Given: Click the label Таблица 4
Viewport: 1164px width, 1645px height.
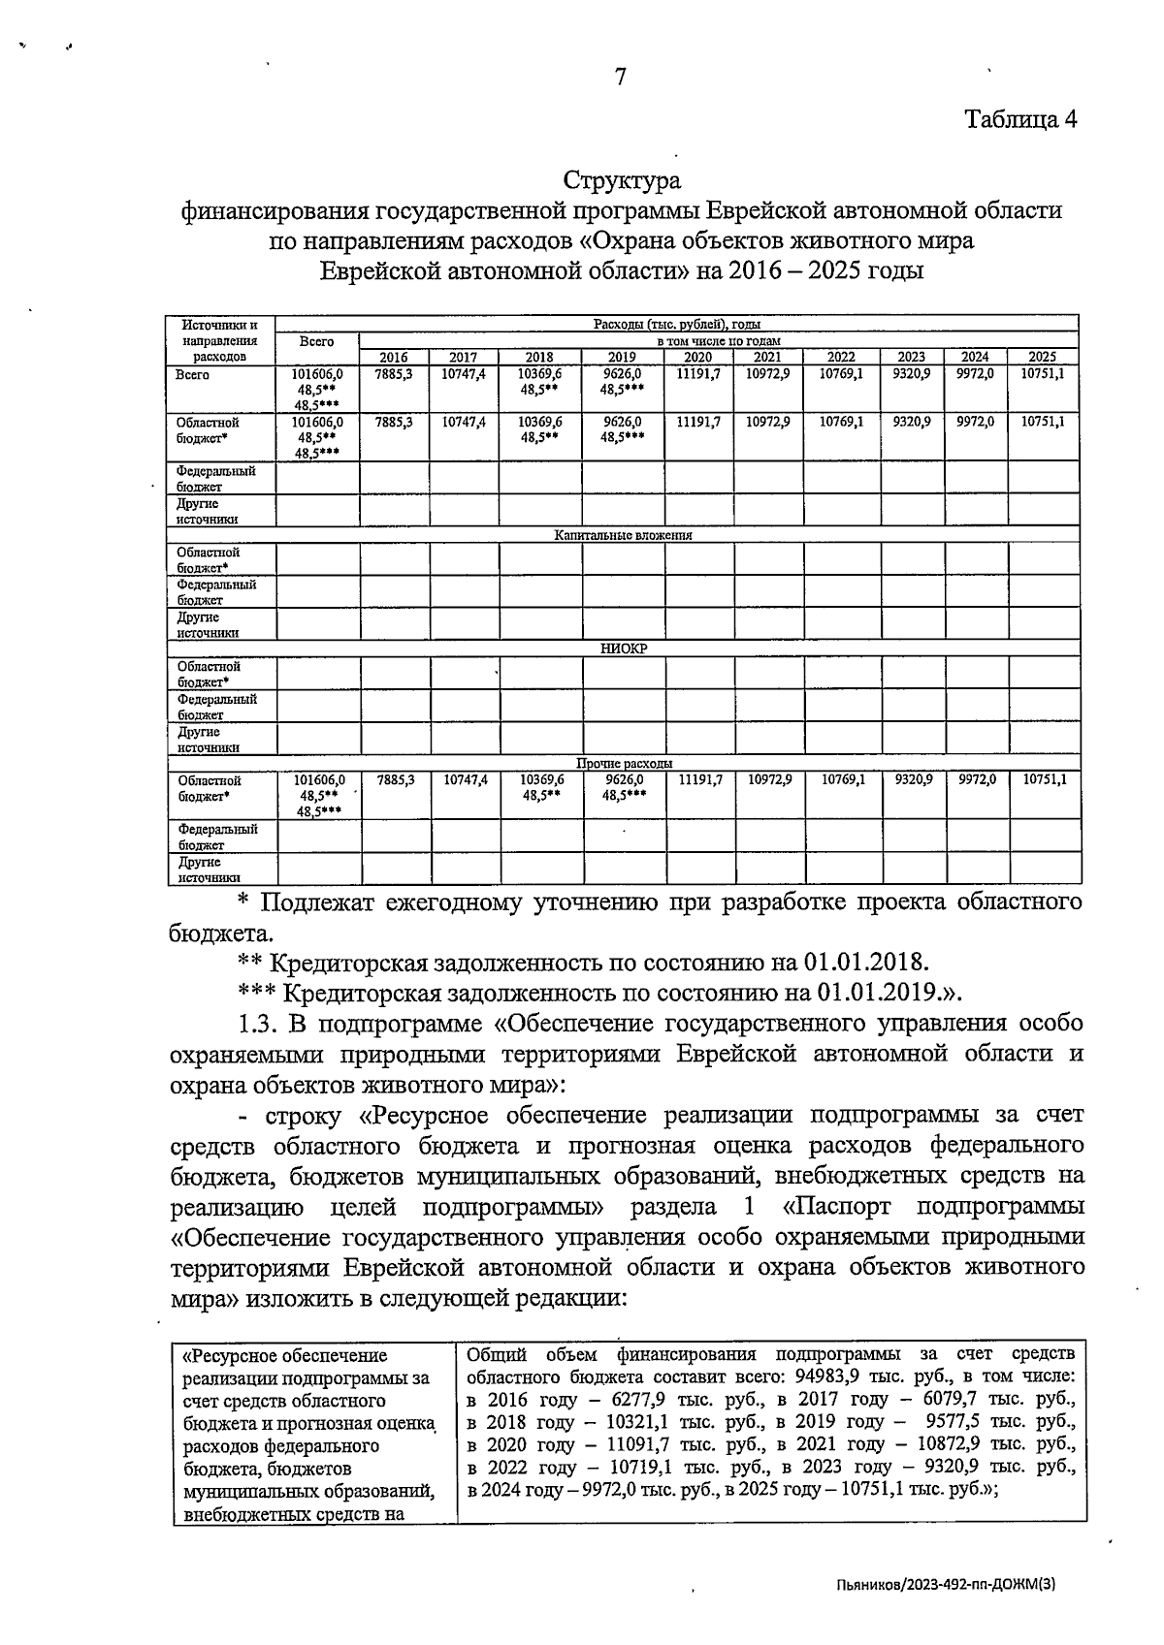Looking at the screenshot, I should click(1020, 119).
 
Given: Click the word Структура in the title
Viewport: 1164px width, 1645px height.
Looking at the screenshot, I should click(622, 181).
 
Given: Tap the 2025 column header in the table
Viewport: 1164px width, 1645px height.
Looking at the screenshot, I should click(1042, 357).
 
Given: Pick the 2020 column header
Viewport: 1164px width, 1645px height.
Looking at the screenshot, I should click(697, 357).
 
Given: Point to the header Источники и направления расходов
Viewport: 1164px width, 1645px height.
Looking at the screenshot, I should click(220, 340).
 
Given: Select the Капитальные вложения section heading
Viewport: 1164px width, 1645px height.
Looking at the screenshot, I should click(623, 535).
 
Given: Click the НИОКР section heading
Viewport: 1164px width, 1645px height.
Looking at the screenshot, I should click(623, 649).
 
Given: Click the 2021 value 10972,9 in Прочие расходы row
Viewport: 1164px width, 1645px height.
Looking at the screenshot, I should click(770, 779).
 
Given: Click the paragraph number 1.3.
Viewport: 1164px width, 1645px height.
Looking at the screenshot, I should click(259, 1024).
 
